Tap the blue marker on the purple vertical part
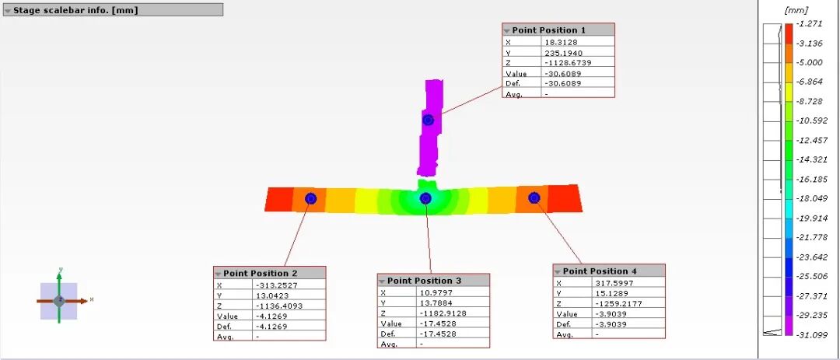click(x=428, y=120)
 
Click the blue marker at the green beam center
click(x=425, y=199)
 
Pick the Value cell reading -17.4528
click(x=438, y=323)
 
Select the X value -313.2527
click(x=276, y=285)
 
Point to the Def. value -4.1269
click(x=271, y=327)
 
